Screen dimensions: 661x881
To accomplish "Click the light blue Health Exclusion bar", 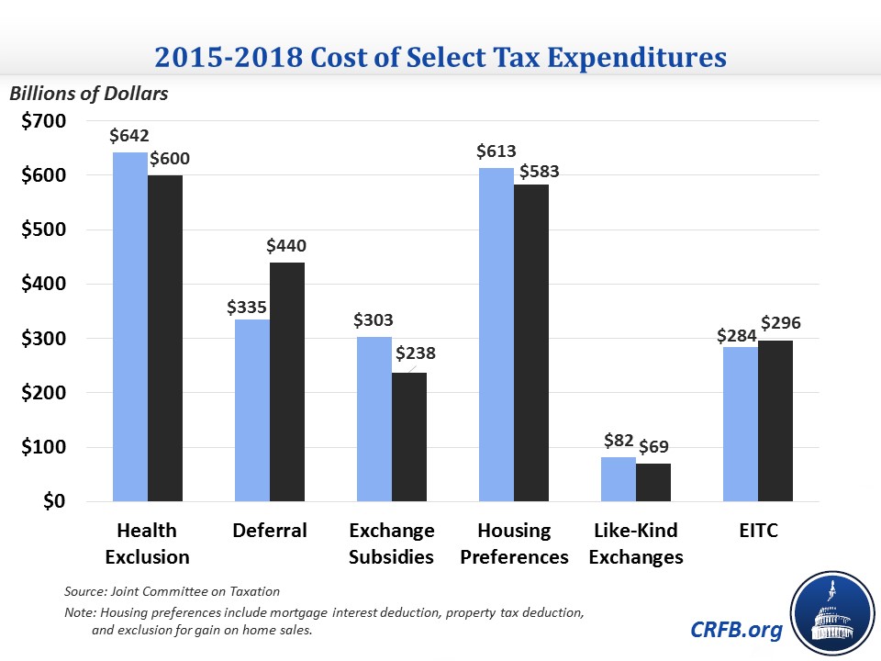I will pos(130,327).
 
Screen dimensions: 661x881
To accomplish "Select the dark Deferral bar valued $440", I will pos(287,382).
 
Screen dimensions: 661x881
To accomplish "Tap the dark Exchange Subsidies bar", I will pos(409,437).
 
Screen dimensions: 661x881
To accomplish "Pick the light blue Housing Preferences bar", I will pos(496,335).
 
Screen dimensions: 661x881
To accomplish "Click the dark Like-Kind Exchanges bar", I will pos(653,483).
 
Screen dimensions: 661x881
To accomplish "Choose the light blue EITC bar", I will pos(741,424).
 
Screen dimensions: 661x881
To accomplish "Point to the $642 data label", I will pos(128,136).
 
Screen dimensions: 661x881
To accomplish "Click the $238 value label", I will pos(415,353).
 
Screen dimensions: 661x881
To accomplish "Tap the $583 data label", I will pos(540,171).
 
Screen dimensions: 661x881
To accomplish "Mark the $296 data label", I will pos(781,323).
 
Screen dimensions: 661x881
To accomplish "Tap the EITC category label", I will pos(758,531).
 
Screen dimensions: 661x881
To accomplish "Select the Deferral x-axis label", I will pos(270,531).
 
